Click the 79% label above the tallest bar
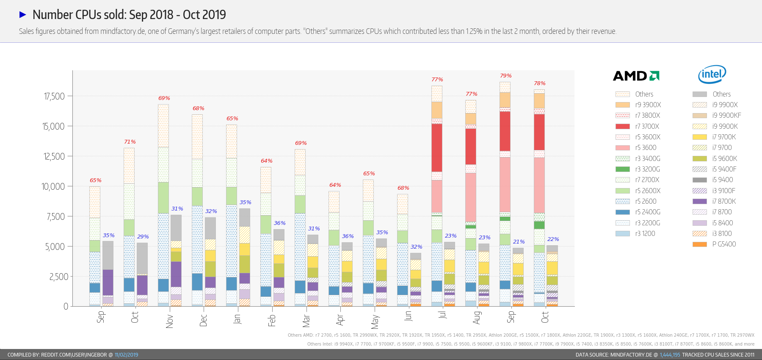click(505, 76)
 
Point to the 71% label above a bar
click(130, 142)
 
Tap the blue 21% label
click(519, 242)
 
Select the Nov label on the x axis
click(169, 321)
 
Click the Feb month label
click(272, 320)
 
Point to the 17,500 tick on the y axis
click(55, 97)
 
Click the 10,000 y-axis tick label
click(53, 187)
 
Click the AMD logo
click(636, 76)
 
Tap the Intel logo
click(712, 75)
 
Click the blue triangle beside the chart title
click(23, 15)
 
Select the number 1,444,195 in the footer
click(670, 355)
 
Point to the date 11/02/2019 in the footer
click(126, 355)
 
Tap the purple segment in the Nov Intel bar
click(176, 274)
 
